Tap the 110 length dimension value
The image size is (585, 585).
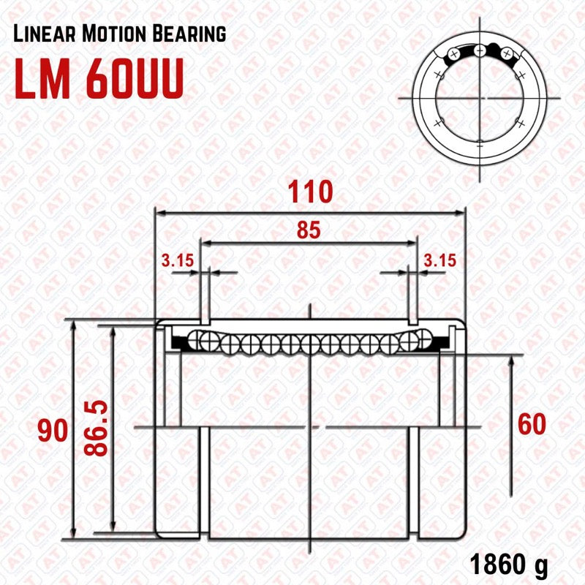(x=310, y=192)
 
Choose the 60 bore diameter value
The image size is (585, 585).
(x=531, y=424)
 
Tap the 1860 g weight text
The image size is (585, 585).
(x=508, y=565)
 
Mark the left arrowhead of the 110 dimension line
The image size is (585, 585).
(x=158, y=213)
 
